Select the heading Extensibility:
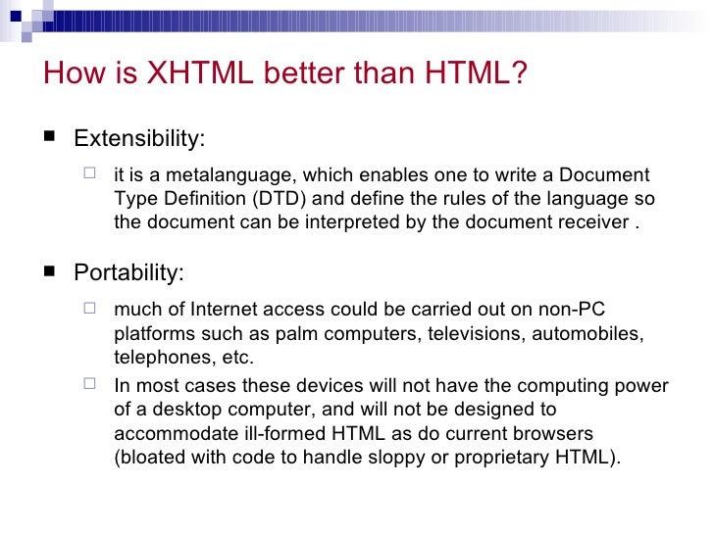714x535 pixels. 139,138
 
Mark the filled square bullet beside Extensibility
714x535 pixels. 47,138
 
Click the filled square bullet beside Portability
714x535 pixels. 47,271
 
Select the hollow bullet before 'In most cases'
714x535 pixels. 91,385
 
